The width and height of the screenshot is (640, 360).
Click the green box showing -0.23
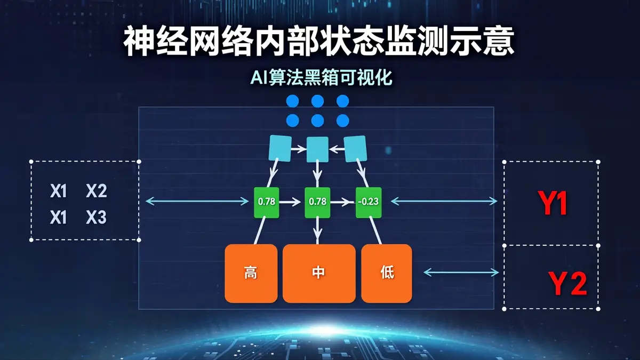point(369,202)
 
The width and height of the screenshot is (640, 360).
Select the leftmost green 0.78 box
point(267,202)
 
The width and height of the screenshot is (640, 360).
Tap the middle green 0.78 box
point(317,202)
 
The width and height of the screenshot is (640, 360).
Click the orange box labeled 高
point(251,274)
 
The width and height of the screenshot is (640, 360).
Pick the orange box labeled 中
point(319,274)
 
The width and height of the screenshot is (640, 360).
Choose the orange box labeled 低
point(387,274)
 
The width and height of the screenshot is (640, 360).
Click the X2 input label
point(97,191)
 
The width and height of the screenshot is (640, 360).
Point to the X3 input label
point(97,218)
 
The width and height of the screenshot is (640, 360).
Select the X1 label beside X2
point(58,191)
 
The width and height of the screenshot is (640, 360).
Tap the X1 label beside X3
point(58,218)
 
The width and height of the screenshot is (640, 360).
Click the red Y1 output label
point(553,203)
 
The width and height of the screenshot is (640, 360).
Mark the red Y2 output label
point(567,284)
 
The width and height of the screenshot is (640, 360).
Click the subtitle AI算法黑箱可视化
point(321,77)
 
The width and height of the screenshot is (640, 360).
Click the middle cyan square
point(317,149)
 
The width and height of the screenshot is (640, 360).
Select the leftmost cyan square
point(281,148)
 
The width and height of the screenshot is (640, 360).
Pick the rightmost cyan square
point(355,149)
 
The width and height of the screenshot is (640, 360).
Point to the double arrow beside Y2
point(461,273)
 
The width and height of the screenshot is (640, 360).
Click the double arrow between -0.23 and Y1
point(444,201)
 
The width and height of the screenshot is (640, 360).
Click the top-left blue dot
point(293,101)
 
